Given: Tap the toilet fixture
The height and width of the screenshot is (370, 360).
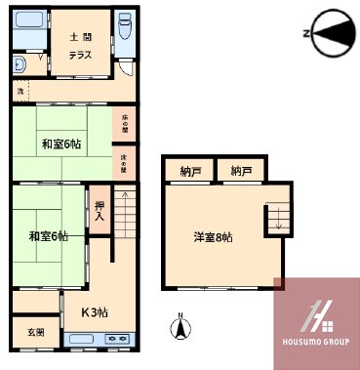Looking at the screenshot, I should click(x=127, y=30).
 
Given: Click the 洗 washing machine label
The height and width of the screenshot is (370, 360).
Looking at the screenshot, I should click(x=20, y=91).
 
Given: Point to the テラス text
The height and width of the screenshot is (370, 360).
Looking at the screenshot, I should click(x=80, y=55).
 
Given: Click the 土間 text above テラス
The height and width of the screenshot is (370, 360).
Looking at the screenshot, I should click(x=80, y=37).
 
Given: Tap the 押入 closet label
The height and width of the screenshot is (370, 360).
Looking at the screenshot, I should click(x=100, y=211).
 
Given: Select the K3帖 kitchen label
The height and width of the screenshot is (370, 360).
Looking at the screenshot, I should click(x=94, y=312).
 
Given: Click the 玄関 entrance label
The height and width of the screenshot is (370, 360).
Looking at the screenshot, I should click(x=35, y=333).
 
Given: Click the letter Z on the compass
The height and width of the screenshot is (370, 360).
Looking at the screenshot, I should click(x=306, y=34).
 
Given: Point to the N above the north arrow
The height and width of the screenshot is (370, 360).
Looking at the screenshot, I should click(x=180, y=316).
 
